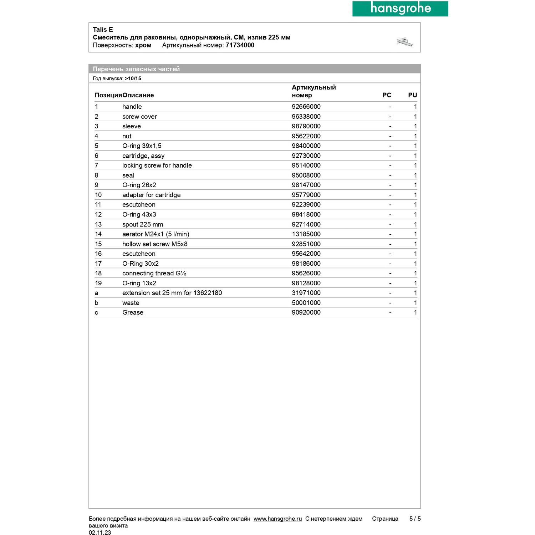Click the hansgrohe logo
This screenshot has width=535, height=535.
click(x=400, y=9)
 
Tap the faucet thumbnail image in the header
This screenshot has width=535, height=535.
click(x=405, y=42)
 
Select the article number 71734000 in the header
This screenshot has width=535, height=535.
click(x=240, y=45)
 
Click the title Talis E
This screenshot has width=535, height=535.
click(x=103, y=30)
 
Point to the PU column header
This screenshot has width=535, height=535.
click(x=412, y=95)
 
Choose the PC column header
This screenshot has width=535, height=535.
click(x=387, y=95)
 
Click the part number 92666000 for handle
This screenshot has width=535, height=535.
click(x=306, y=107)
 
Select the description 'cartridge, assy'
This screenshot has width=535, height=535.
click(x=143, y=156)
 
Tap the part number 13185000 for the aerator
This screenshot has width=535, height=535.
click(x=306, y=234)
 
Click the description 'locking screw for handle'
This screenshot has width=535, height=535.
click(x=157, y=165)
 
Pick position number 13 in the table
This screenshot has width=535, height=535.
click(x=98, y=224)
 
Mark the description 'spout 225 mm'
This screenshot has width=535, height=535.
click(x=143, y=224)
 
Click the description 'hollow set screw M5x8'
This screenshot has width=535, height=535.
click(x=155, y=244)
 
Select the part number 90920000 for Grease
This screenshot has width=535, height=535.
click(x=306, y=312)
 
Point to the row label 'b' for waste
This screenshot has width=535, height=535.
click(x=96, y=303)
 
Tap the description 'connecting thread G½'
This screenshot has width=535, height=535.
click(x=154, y=273)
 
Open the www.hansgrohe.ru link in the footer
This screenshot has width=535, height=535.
click(x=277, y=519)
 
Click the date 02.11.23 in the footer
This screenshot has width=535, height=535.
click(x=100, y=533)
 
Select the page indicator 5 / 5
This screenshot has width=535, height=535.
click(x=415, y=519)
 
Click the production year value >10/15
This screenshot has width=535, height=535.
click(x=133, y=78)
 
